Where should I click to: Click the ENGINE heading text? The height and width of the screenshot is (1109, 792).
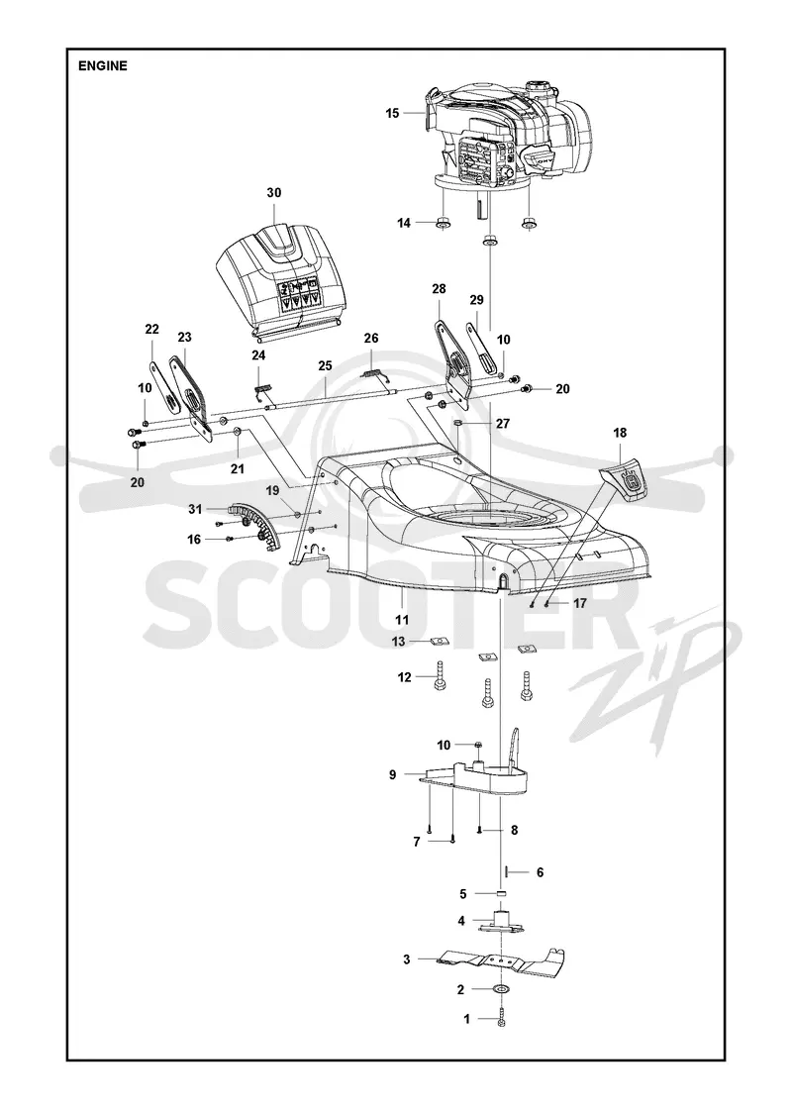(x=103, y=65)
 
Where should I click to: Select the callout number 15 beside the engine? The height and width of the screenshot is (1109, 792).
(x=392, y=113)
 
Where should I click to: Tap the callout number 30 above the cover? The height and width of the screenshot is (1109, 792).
(x=273, y=193)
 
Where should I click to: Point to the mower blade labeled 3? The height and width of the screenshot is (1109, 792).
(x=501, y=958)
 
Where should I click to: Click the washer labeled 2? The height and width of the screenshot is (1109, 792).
(x=502, y=989)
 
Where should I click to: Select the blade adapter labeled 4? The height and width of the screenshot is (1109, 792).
(x=502, y=922)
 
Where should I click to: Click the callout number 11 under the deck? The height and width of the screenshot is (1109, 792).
(x=402, y=620)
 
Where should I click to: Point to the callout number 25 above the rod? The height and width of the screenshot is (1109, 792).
(x=325, y=366)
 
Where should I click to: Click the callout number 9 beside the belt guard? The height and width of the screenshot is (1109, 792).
(x=392, y=774)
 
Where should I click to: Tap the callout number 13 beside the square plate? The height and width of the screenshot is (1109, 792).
(x=399, y=642)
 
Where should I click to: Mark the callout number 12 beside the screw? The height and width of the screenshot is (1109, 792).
(x=405, y=677)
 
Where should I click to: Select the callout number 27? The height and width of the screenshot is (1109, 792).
(x=503, y=424)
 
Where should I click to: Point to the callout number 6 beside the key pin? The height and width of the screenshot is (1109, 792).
(x=540, y=872)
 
